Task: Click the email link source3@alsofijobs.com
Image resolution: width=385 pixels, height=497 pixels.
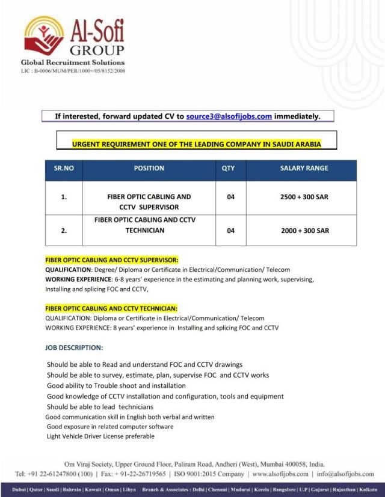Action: coord(229,116)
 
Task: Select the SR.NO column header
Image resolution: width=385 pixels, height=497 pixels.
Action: coord(64,168)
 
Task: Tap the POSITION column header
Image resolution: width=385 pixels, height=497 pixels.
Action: coord(149,168)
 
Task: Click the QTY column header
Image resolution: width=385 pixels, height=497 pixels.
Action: coord(228,168)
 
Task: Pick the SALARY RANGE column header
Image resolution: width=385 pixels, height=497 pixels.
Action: coord(304,168)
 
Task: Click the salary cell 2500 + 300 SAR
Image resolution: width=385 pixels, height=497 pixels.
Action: coord(304,197)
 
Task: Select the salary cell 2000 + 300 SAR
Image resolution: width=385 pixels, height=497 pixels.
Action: coord(304,230)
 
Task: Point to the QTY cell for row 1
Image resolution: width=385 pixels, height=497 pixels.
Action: coord(230,197)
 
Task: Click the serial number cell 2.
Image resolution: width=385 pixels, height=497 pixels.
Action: coord(64,230)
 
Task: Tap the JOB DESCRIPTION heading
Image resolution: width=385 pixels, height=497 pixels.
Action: coord(74,348)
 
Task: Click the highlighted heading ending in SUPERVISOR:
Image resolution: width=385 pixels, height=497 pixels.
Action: coord(112,260)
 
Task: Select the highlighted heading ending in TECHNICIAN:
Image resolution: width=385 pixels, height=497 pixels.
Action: coord(111,308)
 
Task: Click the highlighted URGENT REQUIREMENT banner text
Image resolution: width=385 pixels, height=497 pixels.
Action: coord(196,144)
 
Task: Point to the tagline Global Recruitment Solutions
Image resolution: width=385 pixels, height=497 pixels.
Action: coord(73,62)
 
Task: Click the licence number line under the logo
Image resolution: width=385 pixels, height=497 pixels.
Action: coord(73,70)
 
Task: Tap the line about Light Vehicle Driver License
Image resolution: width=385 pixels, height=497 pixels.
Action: coord(100,436)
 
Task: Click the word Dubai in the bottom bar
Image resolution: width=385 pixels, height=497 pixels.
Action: coord(18,490)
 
